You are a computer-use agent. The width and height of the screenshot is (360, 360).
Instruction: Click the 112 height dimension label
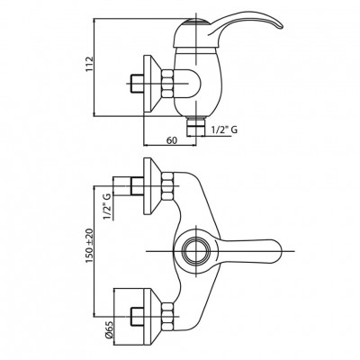point(90,64)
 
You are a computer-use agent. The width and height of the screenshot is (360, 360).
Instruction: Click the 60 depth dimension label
point(171,140)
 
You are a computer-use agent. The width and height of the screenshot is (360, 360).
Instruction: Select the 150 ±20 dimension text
point(90,246)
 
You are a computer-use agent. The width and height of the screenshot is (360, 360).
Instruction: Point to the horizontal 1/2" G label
point(225,130)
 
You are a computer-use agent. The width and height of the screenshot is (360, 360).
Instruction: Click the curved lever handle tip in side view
point(278,26)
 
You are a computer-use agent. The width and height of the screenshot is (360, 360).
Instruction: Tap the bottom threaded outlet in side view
point(195,127)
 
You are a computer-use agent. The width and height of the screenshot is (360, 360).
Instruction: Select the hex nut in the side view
point(167,84)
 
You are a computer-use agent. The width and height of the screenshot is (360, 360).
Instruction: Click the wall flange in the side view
point(152,84)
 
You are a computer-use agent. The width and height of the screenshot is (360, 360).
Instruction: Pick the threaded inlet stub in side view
point(138,84)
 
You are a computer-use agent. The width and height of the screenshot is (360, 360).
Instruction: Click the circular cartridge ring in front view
point(195,251)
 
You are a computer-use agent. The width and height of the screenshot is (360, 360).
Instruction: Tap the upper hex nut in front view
point(167,186)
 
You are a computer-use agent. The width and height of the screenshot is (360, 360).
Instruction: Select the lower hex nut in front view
point(167,316)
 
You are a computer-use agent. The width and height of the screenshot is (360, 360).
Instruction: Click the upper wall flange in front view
point(152,186)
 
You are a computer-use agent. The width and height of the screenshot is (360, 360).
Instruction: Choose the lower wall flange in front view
point(152,316)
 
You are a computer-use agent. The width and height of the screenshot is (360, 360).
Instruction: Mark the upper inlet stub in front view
point(138,186)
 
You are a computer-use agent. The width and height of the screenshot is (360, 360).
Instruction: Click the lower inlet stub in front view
point(138,316)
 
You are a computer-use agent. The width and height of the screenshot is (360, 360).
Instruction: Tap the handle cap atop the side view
point(195,21)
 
